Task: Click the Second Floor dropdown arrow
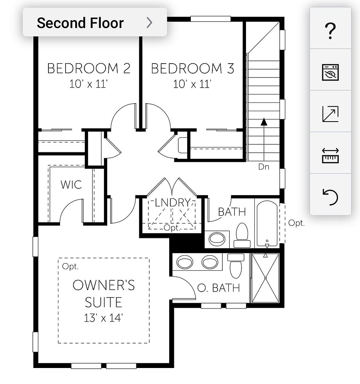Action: coord(149,22)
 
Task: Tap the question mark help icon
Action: coord(330,31)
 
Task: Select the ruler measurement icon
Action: coord(330,155)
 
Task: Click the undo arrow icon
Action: coord(330,197)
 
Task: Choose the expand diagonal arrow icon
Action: coord(330,114)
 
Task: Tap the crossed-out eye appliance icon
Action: coord(330,72)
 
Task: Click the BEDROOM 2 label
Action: coord(89,68)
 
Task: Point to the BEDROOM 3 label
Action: coord(192,68)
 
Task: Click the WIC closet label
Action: coord(71,185)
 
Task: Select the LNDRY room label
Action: coord(173,202)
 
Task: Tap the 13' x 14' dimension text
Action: coord(103,318)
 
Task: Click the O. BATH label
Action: coord(218,288)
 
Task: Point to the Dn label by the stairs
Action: coord(264,167)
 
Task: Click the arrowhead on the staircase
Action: coord(264,122)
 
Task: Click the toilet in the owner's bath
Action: coord(236,266)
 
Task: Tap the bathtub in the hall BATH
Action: coord(267,223)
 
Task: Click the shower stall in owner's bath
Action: coord(266,278)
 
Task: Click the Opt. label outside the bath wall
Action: coord(296,223)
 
